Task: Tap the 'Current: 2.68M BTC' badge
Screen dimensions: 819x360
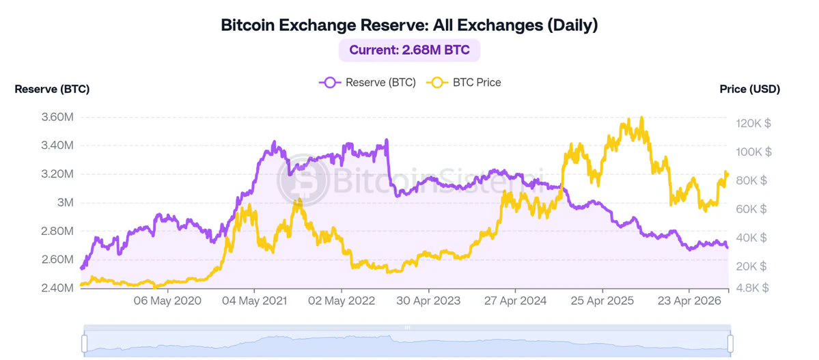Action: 410,51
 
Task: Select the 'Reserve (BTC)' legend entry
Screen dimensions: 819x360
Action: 367,83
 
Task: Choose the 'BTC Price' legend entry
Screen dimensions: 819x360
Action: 464,83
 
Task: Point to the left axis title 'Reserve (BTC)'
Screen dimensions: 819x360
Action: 52,89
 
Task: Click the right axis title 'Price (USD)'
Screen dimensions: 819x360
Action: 749,89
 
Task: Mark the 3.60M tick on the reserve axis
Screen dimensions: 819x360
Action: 57,117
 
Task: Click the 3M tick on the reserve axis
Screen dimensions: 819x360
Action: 64,203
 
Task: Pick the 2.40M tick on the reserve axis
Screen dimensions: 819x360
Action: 57,288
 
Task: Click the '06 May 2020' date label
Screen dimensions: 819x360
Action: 167,301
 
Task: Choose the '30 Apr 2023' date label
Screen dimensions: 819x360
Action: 428,301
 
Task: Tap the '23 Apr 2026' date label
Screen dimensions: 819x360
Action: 689,301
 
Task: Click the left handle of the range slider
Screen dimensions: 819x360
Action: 84,344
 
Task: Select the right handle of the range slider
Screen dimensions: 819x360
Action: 730,344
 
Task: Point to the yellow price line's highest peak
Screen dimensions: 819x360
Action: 641,117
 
